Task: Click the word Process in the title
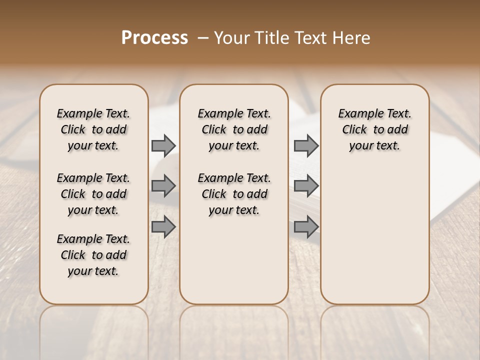coord(154,38)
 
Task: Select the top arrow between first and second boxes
coord(163,146)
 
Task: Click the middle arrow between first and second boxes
coord(163,186)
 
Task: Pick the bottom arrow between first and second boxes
coord(163,227)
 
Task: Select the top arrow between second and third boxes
coord(306,146)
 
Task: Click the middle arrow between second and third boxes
coord(306,186)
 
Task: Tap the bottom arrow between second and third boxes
coord(306,227)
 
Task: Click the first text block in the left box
coord(93,129)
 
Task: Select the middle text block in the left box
coord(93,194)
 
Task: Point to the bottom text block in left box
coord(93,255)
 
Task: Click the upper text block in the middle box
coord(234,129)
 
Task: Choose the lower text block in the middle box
coord(234,194)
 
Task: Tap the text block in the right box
coord(374,129)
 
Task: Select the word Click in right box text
coord(354,130)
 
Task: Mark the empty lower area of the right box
coord(374,235)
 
